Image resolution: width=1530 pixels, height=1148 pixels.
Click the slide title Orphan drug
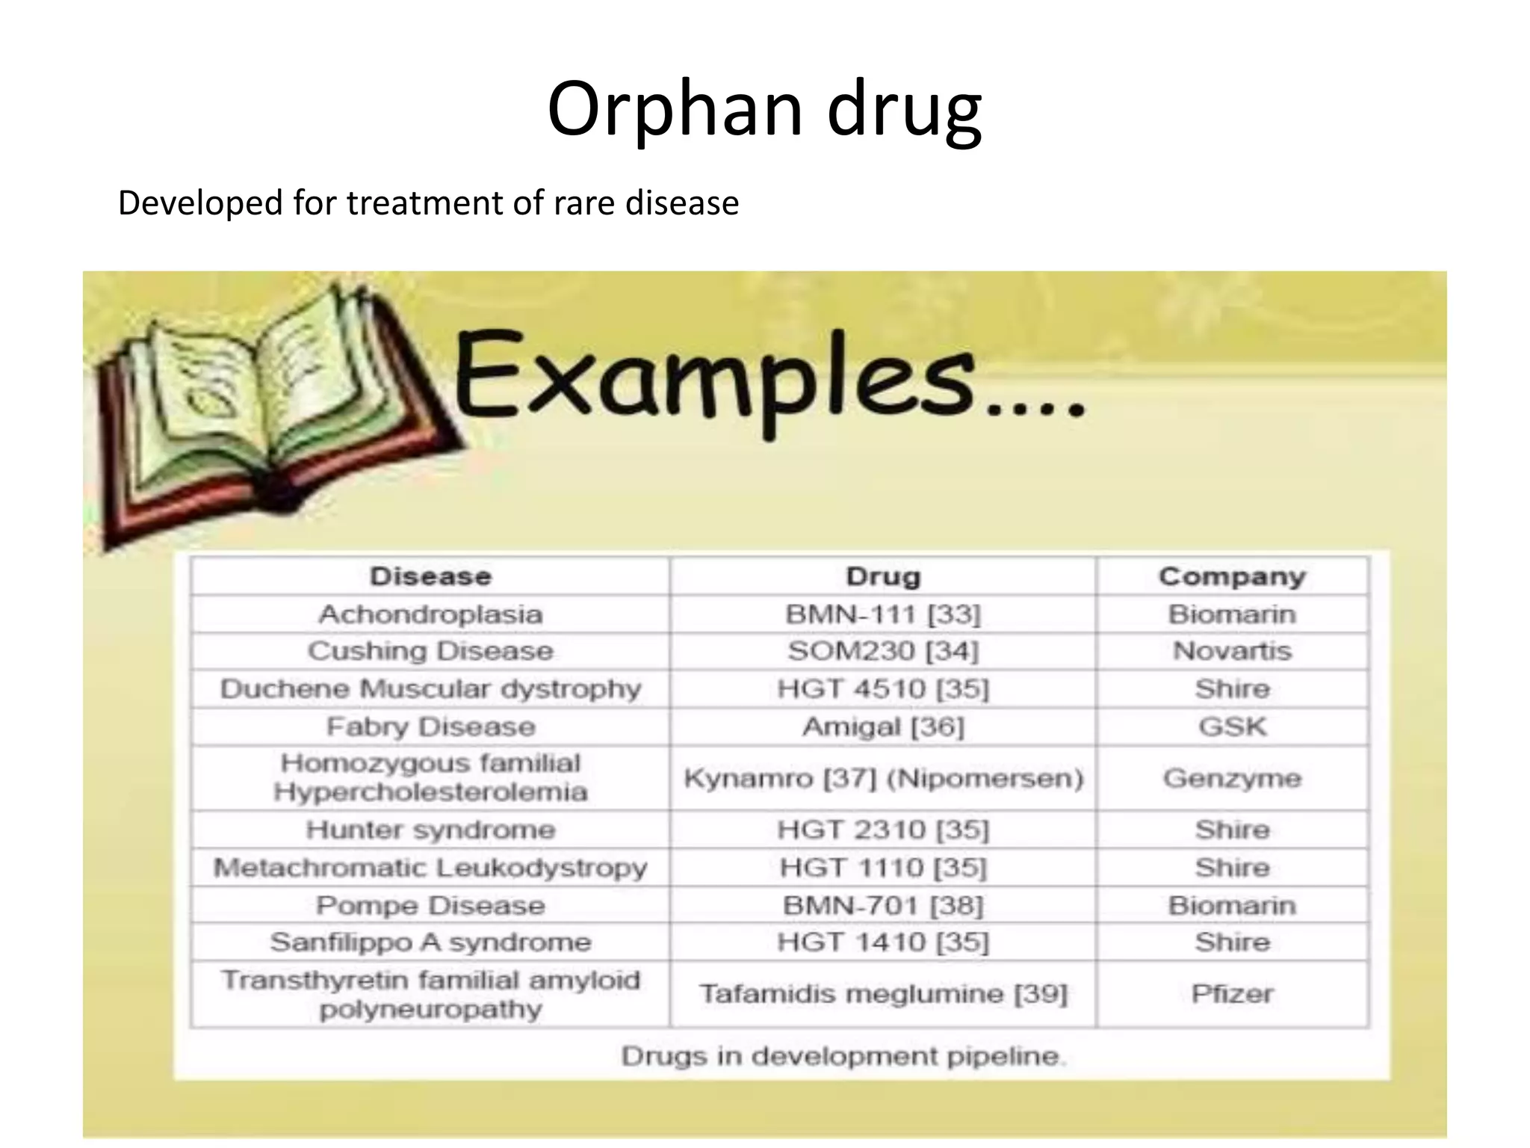pos(764,110)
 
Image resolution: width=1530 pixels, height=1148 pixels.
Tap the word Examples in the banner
pos(713,377)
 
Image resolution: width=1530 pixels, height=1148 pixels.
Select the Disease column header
pos(430,576)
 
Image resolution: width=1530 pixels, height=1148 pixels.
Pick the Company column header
pos(1232,576)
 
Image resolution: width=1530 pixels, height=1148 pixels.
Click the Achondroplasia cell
pos(430,614)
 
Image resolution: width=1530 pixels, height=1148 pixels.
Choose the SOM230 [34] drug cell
pos(883,651)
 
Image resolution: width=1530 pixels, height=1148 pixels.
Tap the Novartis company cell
pos(1232,651)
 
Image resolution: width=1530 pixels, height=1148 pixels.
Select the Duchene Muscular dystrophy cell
pos(430,688)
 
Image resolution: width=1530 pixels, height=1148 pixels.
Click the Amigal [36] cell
pos(883,726)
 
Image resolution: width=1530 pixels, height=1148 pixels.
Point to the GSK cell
pos(1232,726)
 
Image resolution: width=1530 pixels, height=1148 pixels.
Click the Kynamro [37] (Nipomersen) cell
pos(883,779)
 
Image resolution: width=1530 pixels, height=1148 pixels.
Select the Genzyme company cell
pos(1232,779)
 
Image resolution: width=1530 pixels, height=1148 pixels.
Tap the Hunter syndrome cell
pos(430,830)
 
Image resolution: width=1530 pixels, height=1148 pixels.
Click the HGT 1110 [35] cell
pos(883,868)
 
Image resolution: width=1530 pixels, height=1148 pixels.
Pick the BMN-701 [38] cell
pos(883,906)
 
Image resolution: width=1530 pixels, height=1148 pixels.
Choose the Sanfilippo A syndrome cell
pos(430,942)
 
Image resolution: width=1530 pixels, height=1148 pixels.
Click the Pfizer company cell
pos(1232,994)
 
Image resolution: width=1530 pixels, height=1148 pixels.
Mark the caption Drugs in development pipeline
pos(843,1056)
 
